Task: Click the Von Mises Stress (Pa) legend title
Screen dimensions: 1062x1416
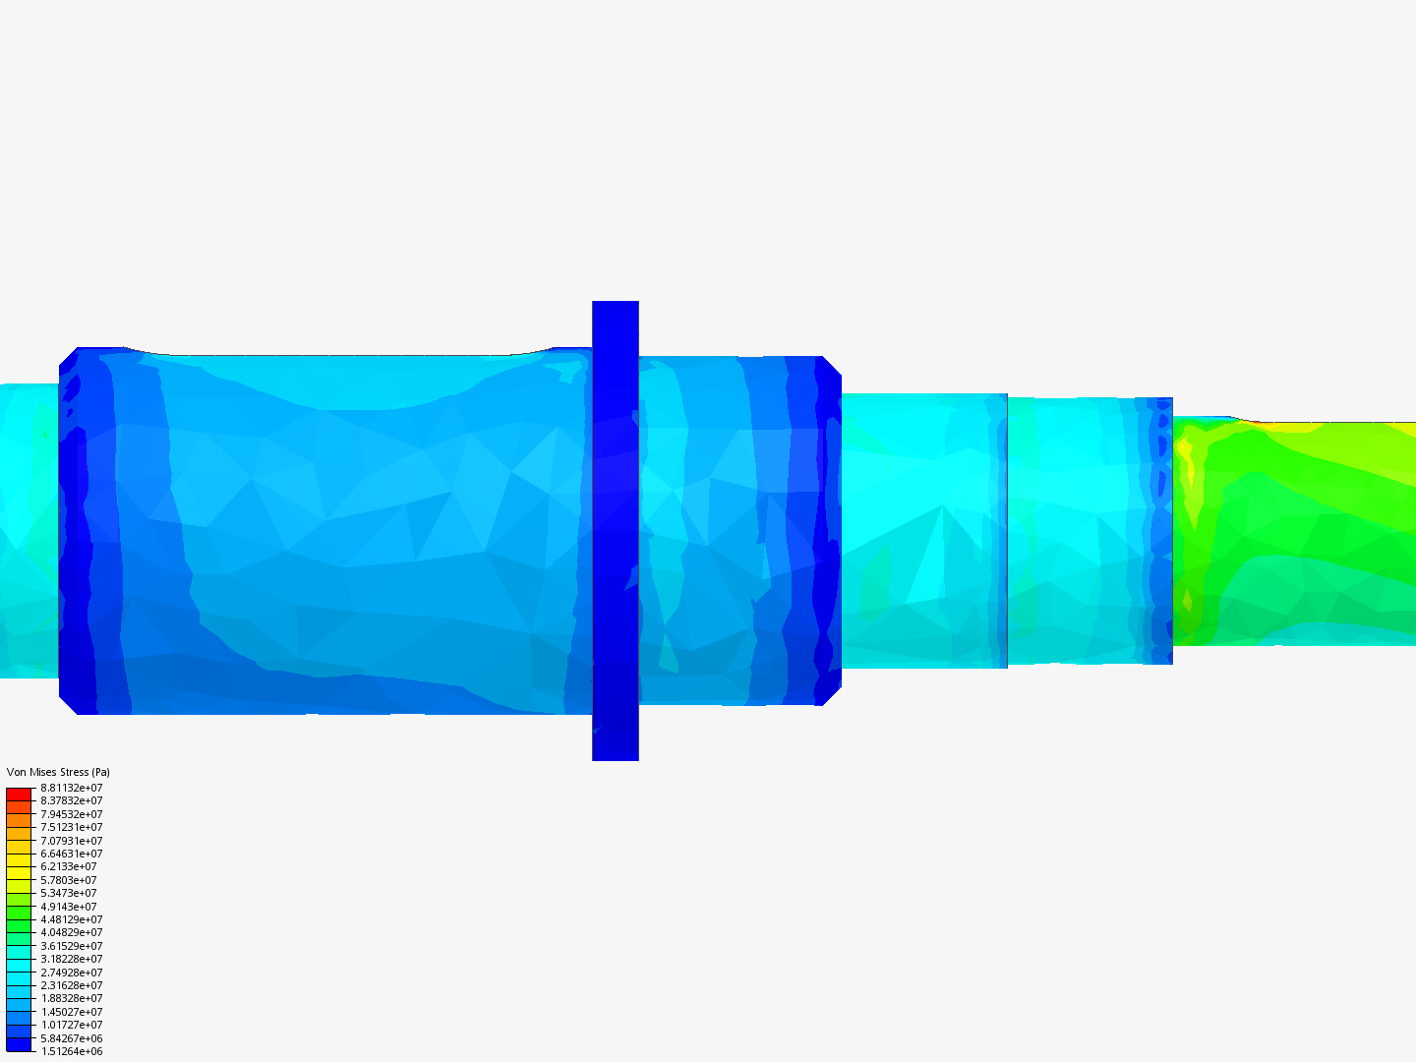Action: pos(58,772)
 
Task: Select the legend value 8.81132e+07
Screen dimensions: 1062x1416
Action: pos(71,788)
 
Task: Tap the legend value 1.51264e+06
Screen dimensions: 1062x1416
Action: pos(71,1051)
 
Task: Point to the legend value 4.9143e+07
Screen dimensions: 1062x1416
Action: pos(68,907)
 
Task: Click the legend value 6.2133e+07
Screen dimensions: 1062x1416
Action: pos(68,866)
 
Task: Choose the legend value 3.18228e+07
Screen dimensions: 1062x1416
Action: pos(71,959)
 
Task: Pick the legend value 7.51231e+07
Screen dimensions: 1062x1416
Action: pos(71,827)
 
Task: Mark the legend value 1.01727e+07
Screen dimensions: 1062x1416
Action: pos(71,1025)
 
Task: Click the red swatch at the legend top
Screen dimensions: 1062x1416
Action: pos(19,794)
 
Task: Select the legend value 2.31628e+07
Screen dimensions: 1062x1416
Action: pos(71,985)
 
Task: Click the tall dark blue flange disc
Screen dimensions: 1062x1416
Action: pos(616,531)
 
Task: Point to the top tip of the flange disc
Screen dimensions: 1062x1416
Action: pos(616,304)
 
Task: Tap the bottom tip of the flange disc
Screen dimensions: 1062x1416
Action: pos(616,757)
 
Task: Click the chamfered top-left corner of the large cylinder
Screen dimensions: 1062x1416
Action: pos(68,357)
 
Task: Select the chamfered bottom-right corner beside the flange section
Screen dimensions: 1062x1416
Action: pos(831,695)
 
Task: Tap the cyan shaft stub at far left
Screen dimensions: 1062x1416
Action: pos(29,531)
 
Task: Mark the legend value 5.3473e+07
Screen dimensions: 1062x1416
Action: pos(68,893)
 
